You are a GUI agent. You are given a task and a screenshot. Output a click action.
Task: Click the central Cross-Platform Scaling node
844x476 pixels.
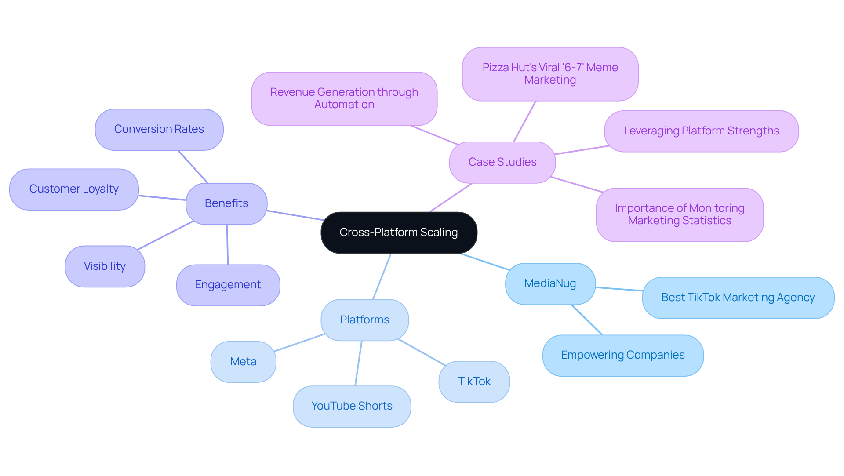tap(399, 233)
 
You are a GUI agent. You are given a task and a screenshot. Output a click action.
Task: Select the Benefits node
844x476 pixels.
tap(226, 203)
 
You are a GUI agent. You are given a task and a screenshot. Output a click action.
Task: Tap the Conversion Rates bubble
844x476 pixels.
tap(159, 129)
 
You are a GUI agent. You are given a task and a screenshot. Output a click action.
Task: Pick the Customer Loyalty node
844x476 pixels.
tap(74, 189)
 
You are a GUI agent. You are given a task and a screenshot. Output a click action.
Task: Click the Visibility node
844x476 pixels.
tap(105, 266)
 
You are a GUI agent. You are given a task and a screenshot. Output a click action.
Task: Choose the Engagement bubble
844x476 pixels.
tap(228, 285)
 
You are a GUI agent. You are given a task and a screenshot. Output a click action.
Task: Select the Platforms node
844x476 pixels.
tap(364, 320)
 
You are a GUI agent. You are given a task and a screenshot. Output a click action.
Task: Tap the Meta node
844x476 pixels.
tap(243, 362)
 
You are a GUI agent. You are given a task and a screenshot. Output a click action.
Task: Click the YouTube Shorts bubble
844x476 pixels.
tap(352, 406)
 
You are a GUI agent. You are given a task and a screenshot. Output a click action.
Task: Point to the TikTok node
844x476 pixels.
tap(474, 382)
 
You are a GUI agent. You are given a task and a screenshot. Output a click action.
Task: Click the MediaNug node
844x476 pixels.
tap(550, 283)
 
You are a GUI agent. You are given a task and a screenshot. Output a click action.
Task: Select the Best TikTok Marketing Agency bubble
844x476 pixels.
tap(738, 298)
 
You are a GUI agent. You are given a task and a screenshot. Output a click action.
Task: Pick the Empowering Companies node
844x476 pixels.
tap(622, 355)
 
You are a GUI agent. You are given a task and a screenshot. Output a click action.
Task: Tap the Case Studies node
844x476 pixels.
tap(502, 162)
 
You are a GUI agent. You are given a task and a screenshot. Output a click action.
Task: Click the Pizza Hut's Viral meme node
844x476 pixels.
tap(550, 74)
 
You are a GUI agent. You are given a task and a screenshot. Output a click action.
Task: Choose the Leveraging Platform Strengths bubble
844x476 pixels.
tap(701, 131)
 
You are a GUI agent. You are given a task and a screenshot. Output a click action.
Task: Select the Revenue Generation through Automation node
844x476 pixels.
tap(344, 98)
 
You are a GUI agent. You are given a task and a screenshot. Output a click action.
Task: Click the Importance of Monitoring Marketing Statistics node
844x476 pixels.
tap(679, 214)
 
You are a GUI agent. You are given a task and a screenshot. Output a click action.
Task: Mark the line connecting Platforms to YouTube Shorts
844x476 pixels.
tap(358, 363)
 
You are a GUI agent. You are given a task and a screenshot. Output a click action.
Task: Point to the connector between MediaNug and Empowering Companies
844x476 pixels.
tap(587, 320)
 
